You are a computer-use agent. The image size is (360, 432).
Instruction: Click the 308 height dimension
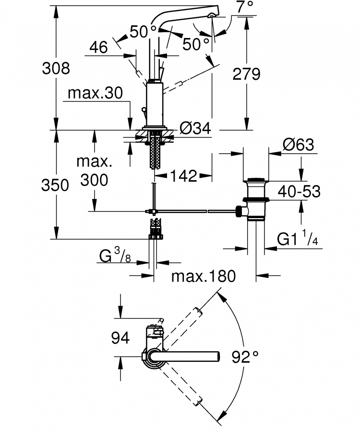(x=56, y=68)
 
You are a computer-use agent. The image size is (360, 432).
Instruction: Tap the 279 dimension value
(x=246, y=74)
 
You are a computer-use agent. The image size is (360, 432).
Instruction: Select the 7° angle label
(x=245, y=7)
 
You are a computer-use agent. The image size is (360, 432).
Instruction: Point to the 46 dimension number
(x=98, y=47)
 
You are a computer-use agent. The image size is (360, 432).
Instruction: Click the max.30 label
(x=95, y=93)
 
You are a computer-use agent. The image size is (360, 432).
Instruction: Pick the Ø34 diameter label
(x=195, y=128)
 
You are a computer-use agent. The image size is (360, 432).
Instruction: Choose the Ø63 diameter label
(x=299, y=144)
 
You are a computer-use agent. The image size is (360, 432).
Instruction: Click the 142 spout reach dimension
(x=183, y=175)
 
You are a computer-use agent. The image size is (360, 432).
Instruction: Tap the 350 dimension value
(x=55, y=185)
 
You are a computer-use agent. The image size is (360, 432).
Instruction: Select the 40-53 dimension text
(x=299, y=191)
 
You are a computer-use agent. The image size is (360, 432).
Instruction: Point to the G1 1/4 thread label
(x=298, y=239)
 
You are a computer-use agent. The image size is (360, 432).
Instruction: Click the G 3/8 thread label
(x=115, y=255)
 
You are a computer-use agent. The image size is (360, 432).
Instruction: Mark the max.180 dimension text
(x=204, y=276)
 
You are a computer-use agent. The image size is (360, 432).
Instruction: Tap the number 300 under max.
(x=94, y=180)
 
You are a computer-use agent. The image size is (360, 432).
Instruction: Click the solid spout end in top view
(x=218, y=357)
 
